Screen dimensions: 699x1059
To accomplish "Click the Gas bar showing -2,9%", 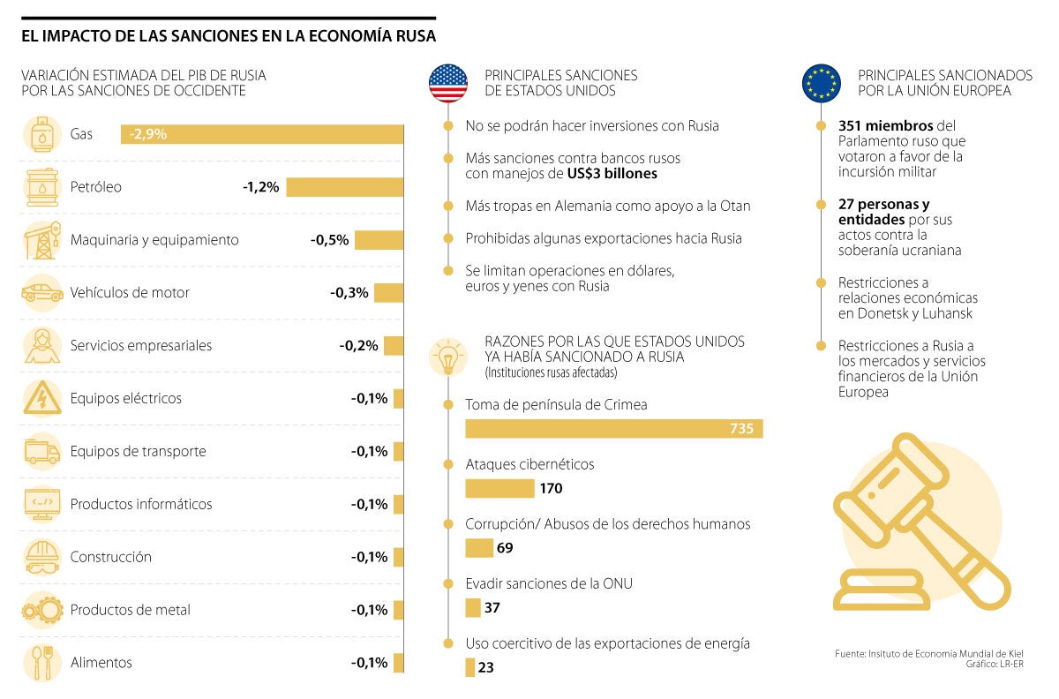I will (261, 135).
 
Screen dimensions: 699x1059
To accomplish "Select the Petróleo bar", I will (344, 187).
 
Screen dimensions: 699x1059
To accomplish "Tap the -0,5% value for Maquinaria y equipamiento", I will (330, 240).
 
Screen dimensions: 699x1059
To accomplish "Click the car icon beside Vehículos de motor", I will (41, 293).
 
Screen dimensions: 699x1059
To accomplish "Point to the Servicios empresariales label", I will (141, 346).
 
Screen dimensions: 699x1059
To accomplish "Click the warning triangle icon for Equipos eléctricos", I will (41, 399).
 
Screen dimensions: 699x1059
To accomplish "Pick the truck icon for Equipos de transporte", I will (41, 452).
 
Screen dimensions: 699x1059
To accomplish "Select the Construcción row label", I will (111, 558).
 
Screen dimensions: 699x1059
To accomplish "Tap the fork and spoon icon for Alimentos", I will (41, 663).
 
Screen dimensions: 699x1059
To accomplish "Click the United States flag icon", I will (448, 83).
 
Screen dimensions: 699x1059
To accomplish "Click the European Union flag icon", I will (821, 83).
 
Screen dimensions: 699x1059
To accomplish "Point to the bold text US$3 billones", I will (612, 174).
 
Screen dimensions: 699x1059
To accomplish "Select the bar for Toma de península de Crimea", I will (613, 429).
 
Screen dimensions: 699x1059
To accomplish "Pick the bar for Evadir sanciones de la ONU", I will (473, 608).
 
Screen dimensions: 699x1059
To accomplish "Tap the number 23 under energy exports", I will (485, 668).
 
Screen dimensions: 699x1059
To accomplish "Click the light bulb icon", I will (448, 358).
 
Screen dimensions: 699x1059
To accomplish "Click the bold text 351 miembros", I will (879, 126).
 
